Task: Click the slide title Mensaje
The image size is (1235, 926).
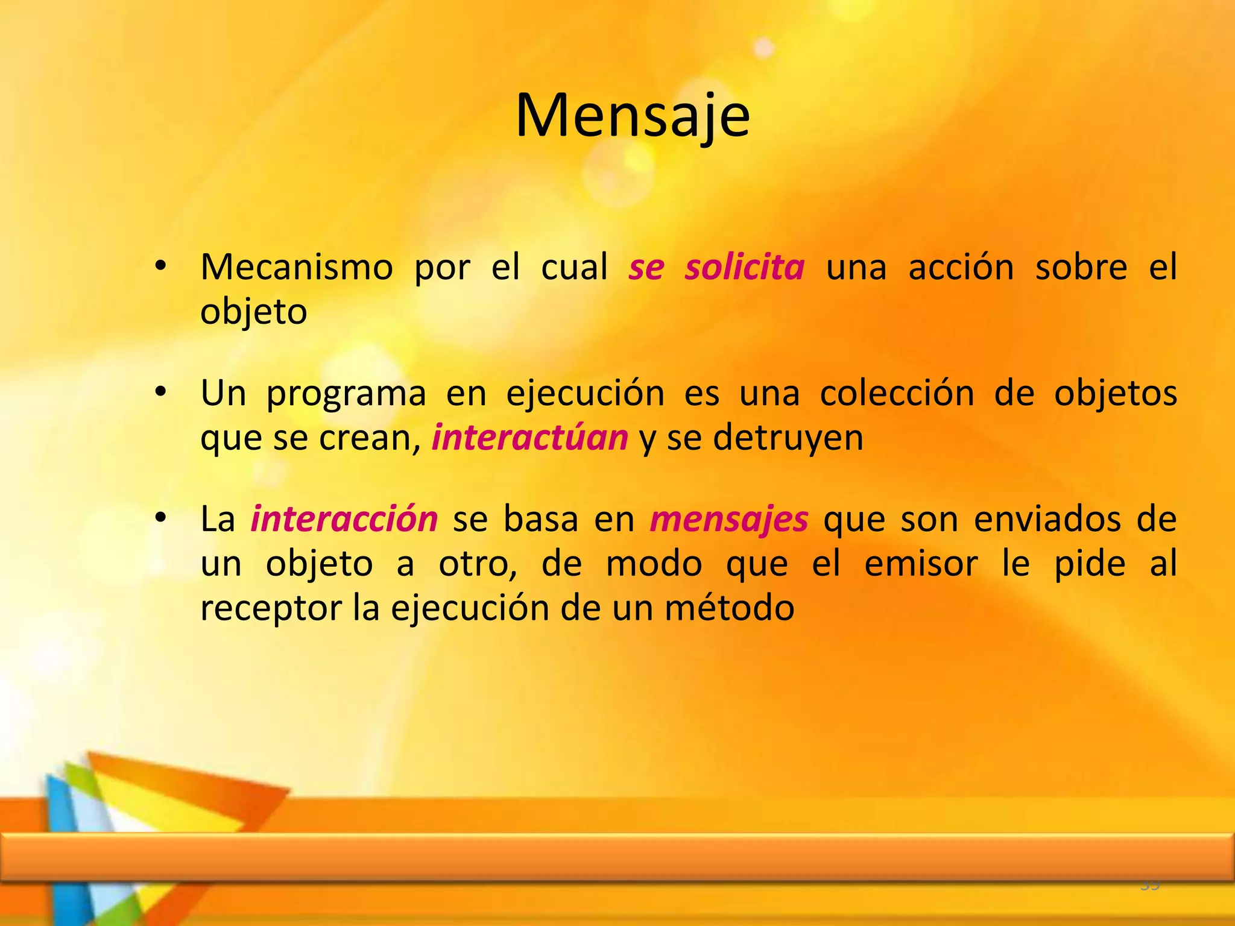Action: coord(633,116)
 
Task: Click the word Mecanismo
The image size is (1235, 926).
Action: coord(296,267)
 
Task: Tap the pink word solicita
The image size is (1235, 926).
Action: coord(744,267)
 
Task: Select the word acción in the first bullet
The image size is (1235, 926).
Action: coord(961,267)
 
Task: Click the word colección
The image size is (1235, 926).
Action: coord(897,393)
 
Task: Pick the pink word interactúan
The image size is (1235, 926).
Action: coord(530,438)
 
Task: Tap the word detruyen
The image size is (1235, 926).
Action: coord(788,438)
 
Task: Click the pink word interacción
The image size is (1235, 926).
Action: coord(344,519)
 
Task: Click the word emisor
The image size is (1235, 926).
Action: coord(920,564)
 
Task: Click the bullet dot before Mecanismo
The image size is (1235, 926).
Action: coord(160,266)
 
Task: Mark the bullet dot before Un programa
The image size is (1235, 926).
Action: coord(160,392)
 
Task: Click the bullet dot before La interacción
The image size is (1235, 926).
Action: coord(160,518)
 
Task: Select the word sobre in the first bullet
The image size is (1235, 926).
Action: coord(1081,267)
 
